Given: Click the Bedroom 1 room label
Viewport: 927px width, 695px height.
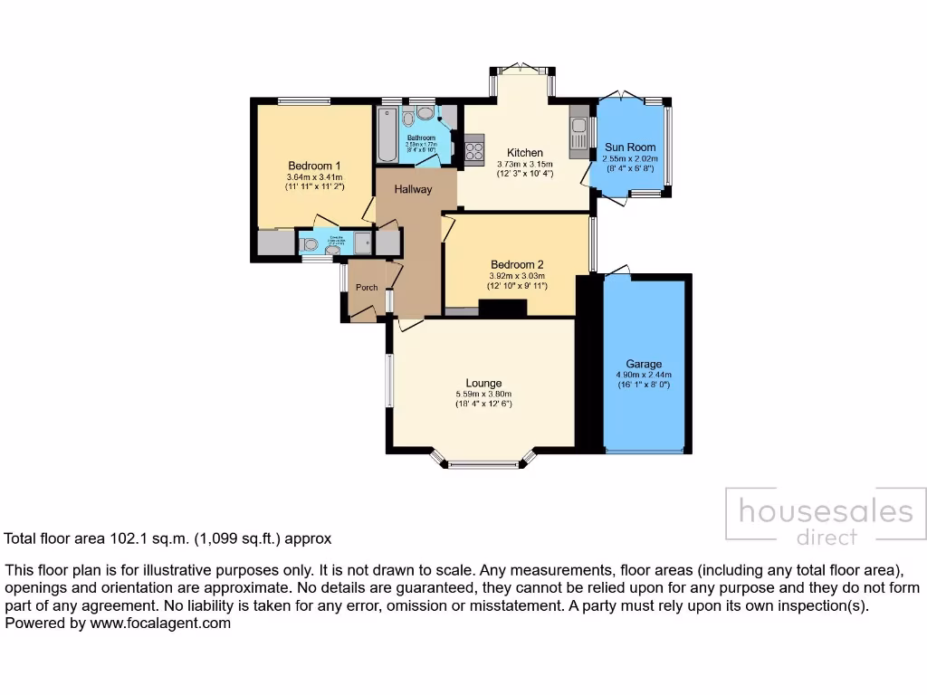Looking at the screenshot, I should tap(314, 166).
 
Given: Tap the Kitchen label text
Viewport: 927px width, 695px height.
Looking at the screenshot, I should tap(524, 152).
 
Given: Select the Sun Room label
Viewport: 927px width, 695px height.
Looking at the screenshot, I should tap(630, 147).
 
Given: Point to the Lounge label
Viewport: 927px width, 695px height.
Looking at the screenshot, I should tap(483, 383).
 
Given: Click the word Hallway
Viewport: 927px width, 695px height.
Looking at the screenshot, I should tap(412, 189).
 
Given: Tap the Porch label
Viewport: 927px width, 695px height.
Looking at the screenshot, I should tap(367, 288).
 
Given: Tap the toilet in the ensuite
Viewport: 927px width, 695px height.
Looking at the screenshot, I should tap(309, 243).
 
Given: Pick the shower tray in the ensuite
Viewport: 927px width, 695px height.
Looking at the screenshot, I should tap(364, 243).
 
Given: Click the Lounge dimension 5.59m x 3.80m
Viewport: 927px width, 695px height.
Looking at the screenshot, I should tap(483, 394).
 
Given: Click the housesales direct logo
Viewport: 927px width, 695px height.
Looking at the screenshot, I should tap(826, 519).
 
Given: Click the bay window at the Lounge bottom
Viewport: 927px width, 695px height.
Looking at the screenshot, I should tap(483, 464).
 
